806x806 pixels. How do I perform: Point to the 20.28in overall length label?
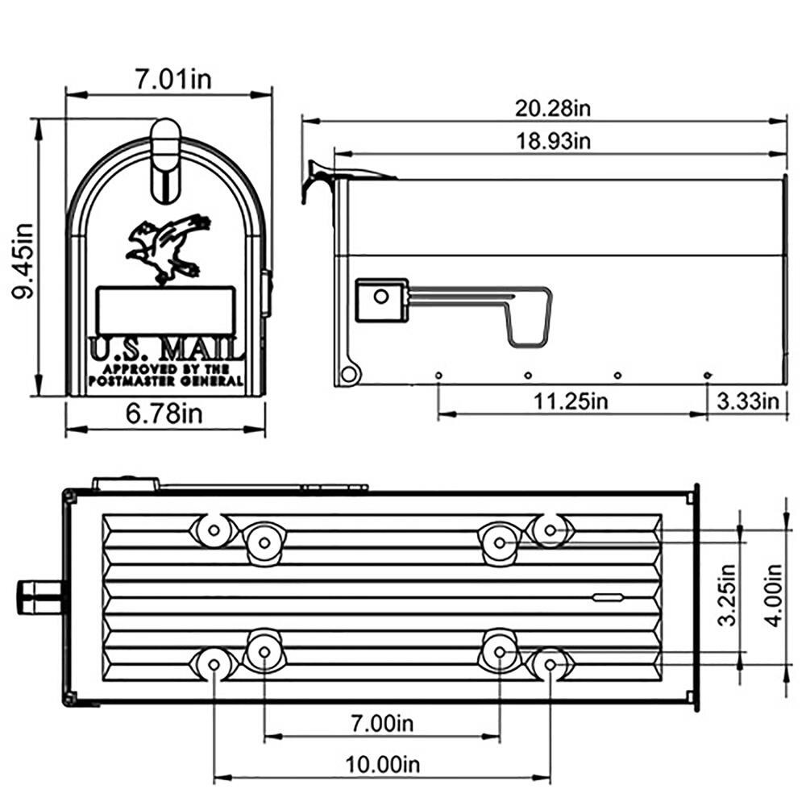pyautogui.click(x=554, y=107)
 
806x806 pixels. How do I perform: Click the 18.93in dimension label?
pyautogui.click(x=554, y=141)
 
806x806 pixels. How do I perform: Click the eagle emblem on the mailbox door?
pyautogui.click(x=167, y=248)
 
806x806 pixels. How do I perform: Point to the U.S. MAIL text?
pyautogui.click(x=166, y=350)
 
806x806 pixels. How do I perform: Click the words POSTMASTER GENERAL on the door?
pyautogui.click(x=166, y=380)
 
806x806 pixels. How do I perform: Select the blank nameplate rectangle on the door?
pyautogui.click(x=165, y=310)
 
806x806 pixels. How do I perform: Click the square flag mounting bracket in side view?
pyautogui.click(x=381, y=299)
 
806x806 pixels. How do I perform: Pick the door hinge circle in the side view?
pyautogui.click(x=349, y=373)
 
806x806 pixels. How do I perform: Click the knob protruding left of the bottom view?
pyautogui.click(x=37, y=596)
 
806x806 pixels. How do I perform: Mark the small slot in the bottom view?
pyautogui.click(x=608, y=597)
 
